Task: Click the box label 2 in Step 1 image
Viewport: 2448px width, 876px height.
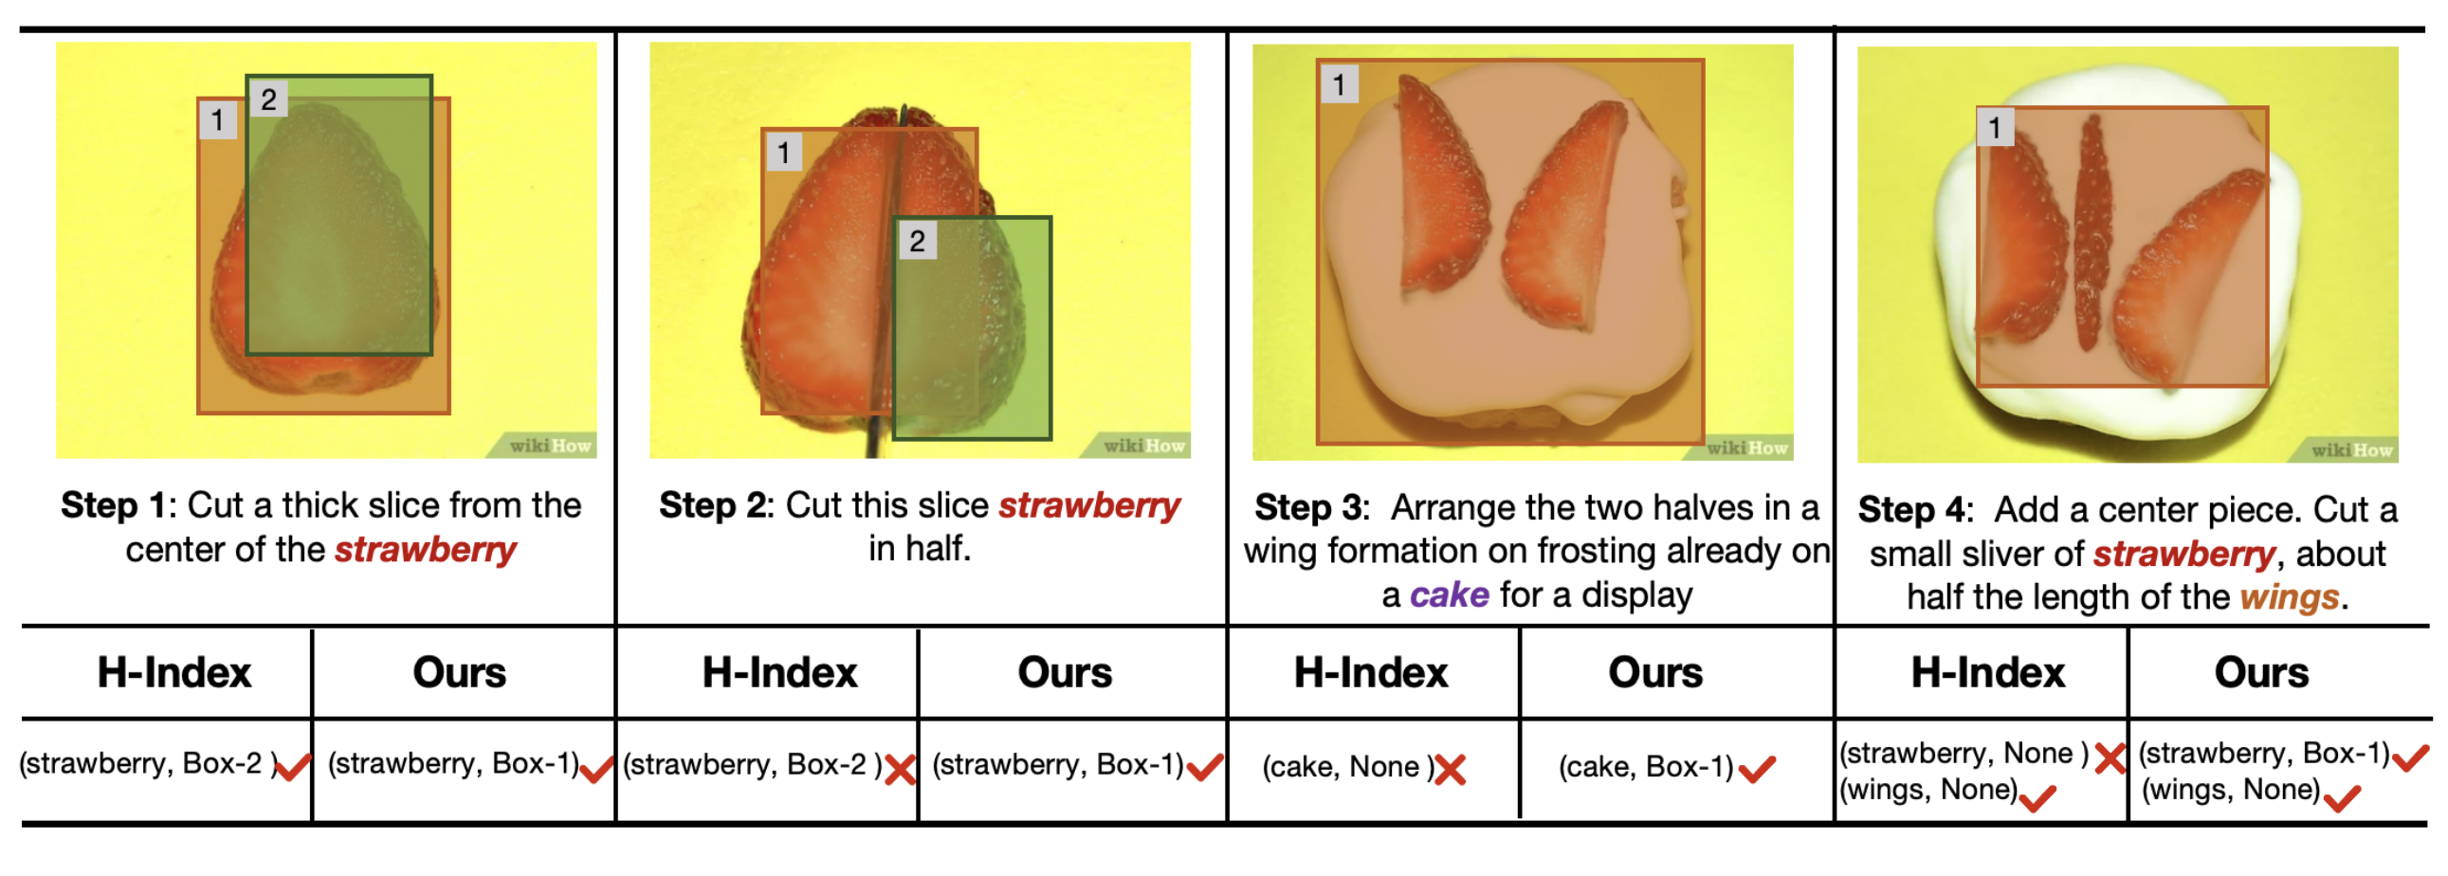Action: (269, 99)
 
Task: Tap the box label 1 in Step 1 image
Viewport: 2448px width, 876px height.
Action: (218, 120)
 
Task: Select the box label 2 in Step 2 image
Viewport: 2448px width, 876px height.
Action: (917, 241)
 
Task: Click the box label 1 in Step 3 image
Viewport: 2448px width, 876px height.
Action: (1339, 84)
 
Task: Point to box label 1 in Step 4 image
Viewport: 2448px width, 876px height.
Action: (1995, 127)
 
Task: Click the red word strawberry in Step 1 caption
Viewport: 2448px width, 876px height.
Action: (426, 550)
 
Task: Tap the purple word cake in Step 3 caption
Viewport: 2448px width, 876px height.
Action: (1450, 594)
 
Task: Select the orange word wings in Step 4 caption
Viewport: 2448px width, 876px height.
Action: (2290, 597)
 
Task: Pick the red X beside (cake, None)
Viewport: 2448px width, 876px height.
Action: (1451, 769)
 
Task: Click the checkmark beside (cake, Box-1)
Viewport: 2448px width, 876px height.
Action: (1757, 768)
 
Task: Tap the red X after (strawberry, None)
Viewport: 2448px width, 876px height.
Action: (2110, 757)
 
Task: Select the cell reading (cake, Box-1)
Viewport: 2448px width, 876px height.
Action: (1646, 767)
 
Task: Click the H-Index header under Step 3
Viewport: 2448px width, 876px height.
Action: (1370, 673)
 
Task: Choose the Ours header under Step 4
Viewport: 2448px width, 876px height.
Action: (2261, 673)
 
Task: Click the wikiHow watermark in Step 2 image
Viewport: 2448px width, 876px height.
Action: (1144, 446)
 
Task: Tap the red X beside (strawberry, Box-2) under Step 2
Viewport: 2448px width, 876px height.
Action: (900, 769)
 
